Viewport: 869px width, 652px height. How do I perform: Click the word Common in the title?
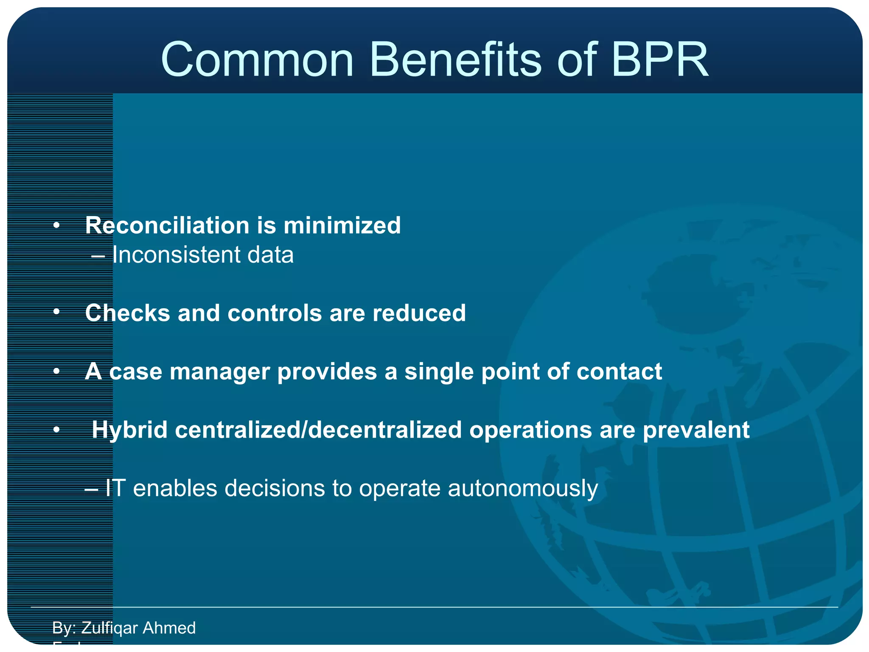[257, 60]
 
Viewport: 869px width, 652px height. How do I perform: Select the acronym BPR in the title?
[659, 60]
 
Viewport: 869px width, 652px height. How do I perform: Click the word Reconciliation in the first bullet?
[167, 225]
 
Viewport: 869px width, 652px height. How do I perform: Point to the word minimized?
[342, 225]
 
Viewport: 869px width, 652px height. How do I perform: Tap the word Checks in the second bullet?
[127, 313]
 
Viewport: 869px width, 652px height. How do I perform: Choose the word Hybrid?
[129, 430]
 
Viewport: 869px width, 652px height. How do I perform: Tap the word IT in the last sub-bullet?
[115, 488]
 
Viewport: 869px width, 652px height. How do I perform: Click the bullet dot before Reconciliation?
[56, 225]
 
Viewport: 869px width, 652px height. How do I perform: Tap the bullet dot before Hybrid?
[56, 430]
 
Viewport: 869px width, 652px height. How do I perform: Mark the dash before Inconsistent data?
[98, 256]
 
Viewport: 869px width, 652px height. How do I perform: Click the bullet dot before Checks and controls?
[56, 312]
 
